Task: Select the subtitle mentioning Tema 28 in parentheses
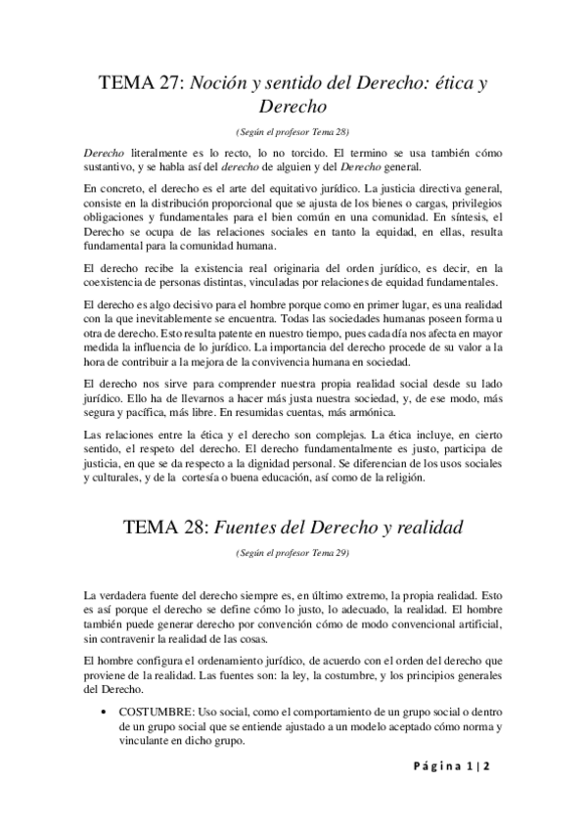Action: click(x=293, y=130)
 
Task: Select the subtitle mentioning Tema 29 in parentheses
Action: click(x=293, y=554)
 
